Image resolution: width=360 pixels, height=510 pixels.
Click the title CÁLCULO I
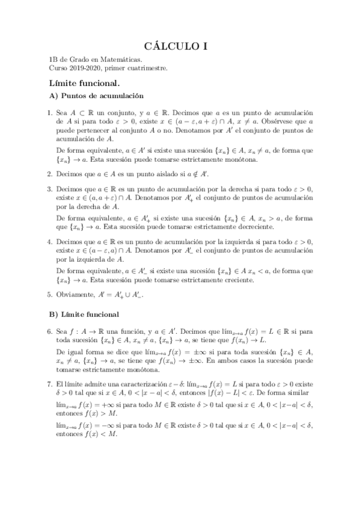[x=180, y=45]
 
